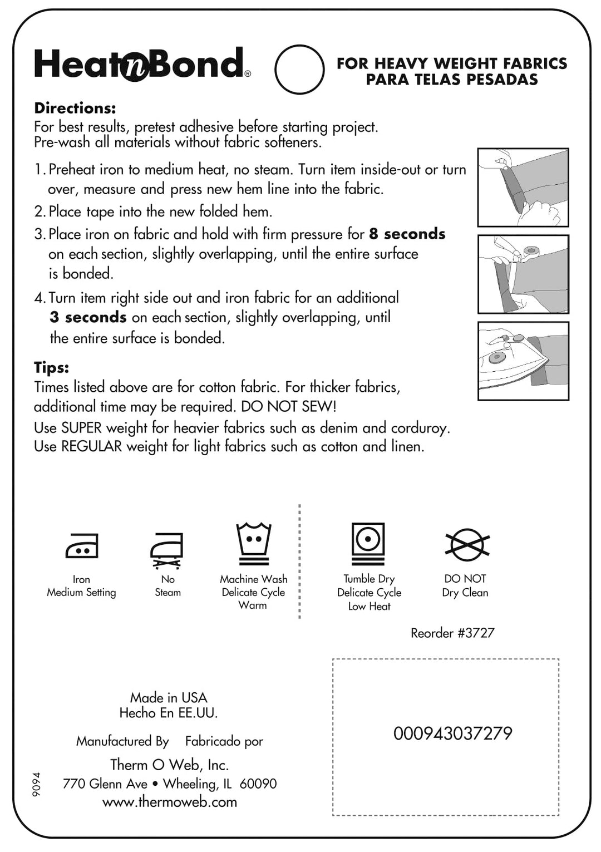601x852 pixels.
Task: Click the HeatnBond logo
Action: (142, 64)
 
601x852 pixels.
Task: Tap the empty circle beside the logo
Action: (299, 70)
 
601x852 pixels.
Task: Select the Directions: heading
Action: (75, 108)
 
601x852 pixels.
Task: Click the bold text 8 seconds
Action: (407, 234)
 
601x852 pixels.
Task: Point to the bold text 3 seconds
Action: (88, 317)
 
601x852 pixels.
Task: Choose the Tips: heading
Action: (52, 367)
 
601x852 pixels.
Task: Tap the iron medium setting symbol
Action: (82, 545)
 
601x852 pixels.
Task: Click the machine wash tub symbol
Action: (253, 543)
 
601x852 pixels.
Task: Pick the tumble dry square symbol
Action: (368, 543)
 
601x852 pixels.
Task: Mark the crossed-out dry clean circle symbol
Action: (467, 545)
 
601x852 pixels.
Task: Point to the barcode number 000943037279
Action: (452, 733)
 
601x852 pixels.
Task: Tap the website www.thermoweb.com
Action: (170, 802)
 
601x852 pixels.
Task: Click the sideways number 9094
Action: (37, 784)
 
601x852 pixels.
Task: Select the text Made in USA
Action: (169, 697)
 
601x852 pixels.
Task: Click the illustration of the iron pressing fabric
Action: (523, 361)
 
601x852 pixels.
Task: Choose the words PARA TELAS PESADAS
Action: (452, 80)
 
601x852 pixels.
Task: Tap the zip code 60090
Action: (258, 784)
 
